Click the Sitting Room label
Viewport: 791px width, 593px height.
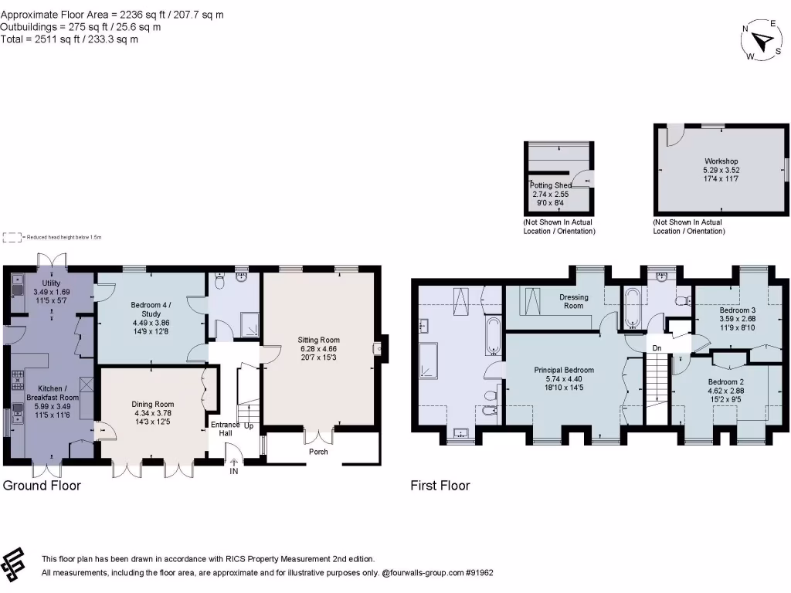[x=319, y=340]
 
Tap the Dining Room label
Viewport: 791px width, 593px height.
[x=152, y=404]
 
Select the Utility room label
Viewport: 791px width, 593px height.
[x=51, y=283]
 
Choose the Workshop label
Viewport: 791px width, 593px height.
[x=720, y=161]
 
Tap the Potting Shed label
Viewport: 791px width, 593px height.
[x=550, y=185]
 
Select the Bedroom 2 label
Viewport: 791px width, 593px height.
[x=725, y=381]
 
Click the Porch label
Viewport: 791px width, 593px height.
[x=318, y=452]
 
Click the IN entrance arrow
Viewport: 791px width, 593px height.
[x=234, y=463]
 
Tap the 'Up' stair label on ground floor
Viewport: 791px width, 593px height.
[x=249, y=425]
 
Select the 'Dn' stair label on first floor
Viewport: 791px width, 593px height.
[x=657, y=348]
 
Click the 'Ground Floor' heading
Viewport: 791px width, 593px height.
[x=42, y=486]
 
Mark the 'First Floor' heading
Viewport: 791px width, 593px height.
[x=440, y=486]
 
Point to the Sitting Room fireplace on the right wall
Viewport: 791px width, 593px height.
[x=378, y=349]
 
